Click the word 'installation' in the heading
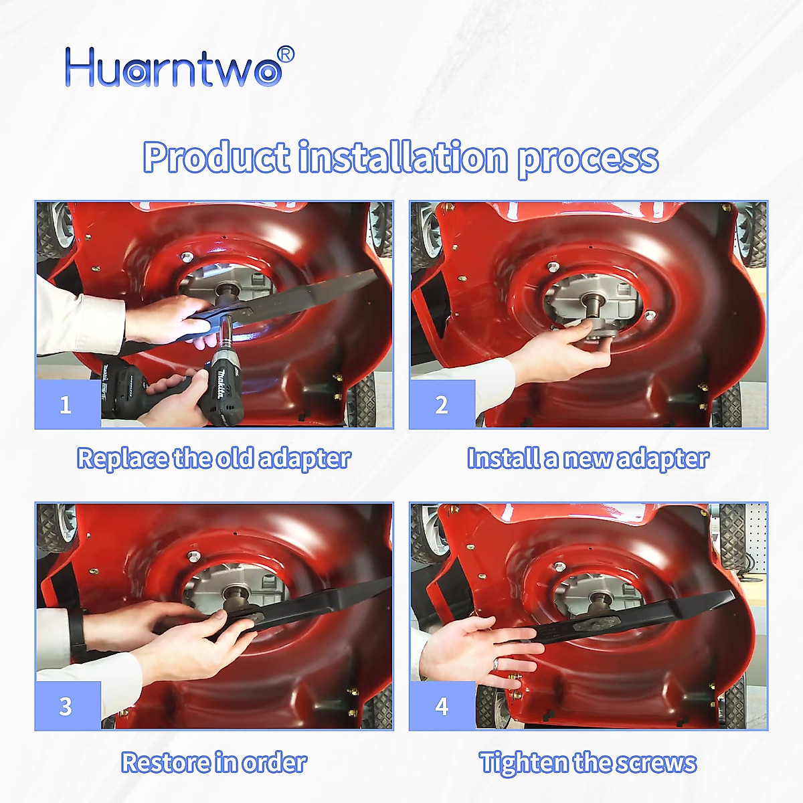pyautogui.click(x=403, y=158)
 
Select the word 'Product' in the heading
pyautogui.click(x=215, y=158)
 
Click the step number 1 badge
pyautogui.click(x=66, y=405)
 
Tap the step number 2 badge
pyautogui.click(x=442, y=405)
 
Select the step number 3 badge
pyautogui.click(x=66, y=706)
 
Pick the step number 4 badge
pyautogui.click(x=442, y=706)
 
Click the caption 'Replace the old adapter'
pyautogui.click(x=214, y=459)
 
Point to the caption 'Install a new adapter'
pyautogui.click(x=588, y=459)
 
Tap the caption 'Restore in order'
pyautogui.click(x=214, y=763)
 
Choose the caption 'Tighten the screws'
pyautogui.click(x=588, y=763)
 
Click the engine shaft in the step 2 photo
pyautogui.click(x=592, y=305)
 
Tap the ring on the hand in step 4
pyautogui.click(x=497, y=664)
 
